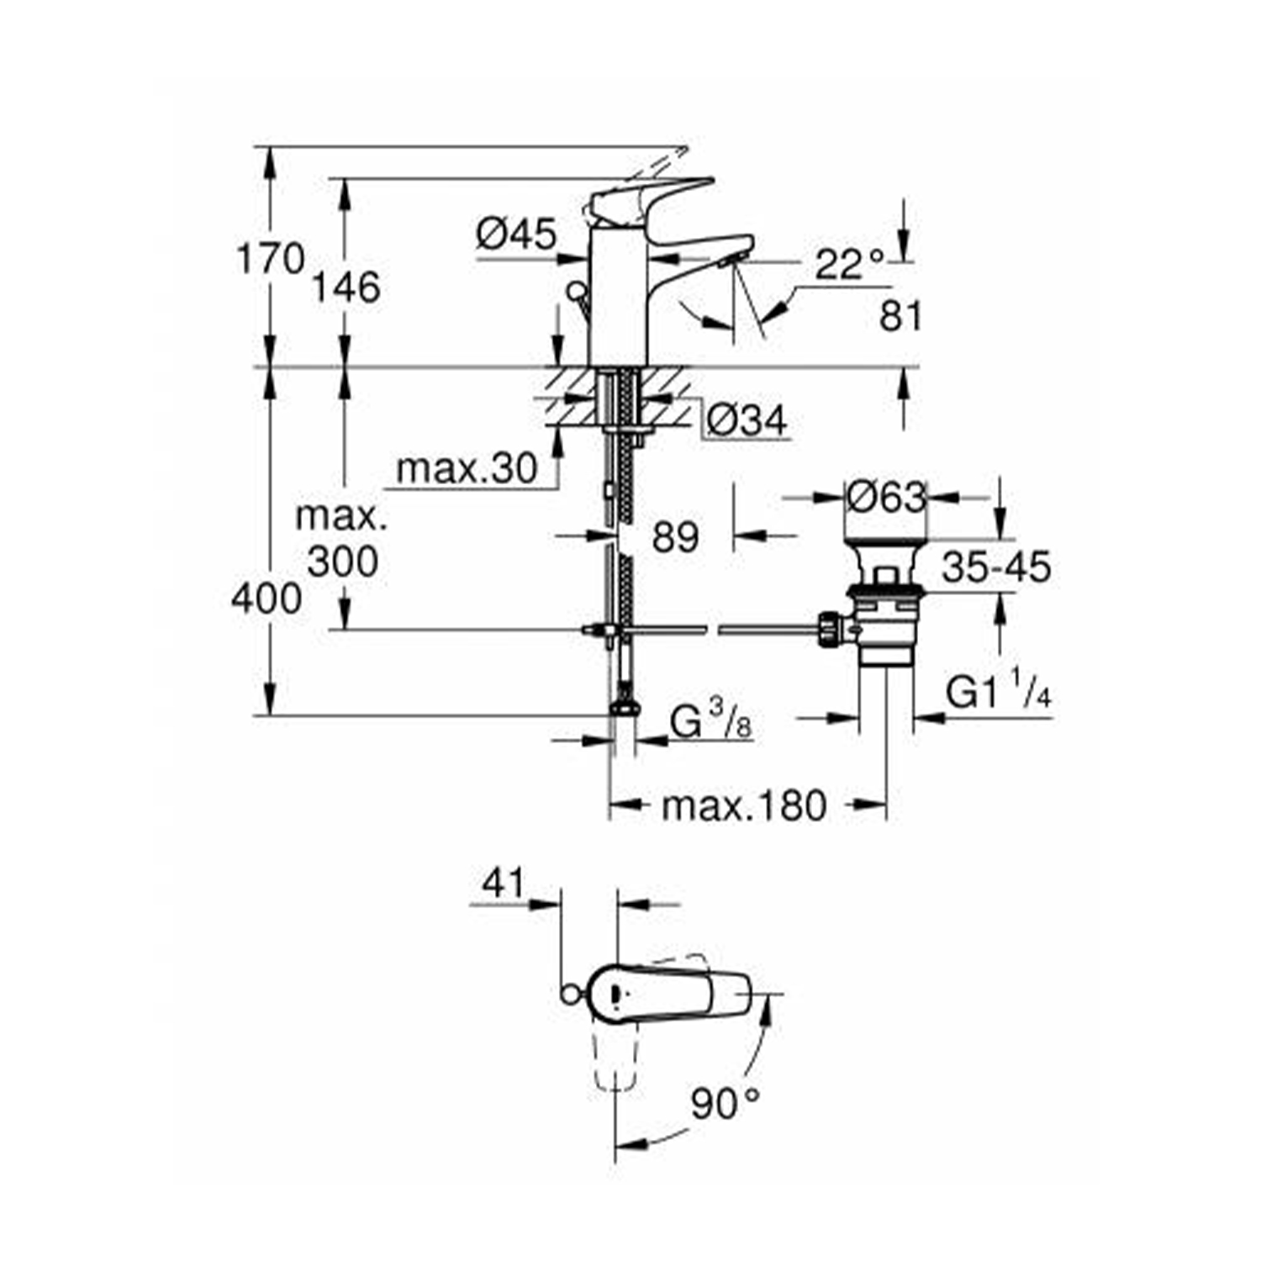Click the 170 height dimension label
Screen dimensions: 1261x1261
point(269,258)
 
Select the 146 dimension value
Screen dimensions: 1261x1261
point(346,288)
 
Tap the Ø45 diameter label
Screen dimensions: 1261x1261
point(516,234)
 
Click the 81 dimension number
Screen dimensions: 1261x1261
point(900,317)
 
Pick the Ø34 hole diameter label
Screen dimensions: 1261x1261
point(746,420)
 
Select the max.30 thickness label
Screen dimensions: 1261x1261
point(466,469)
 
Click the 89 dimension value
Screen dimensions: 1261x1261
point(675,537)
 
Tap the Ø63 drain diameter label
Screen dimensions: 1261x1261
point(886,497)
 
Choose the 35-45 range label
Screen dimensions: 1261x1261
point(995,567)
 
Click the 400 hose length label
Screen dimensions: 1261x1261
point(266,599)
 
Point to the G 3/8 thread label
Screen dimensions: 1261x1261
point(710,722)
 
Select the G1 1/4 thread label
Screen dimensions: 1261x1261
point(999,694)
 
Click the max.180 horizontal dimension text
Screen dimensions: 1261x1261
point(744,806)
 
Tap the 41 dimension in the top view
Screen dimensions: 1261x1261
point(503,884)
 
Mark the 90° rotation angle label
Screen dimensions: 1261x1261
point(725,1102)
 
